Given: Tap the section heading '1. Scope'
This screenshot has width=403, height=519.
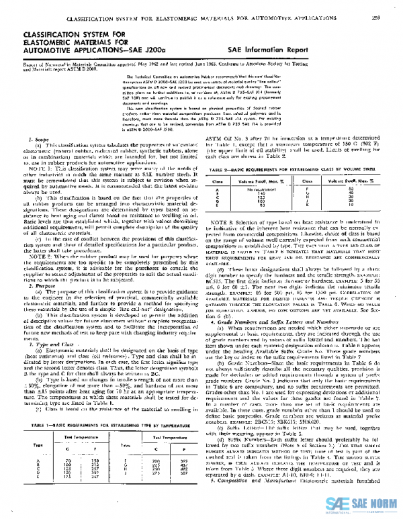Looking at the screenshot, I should pos(28,120).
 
